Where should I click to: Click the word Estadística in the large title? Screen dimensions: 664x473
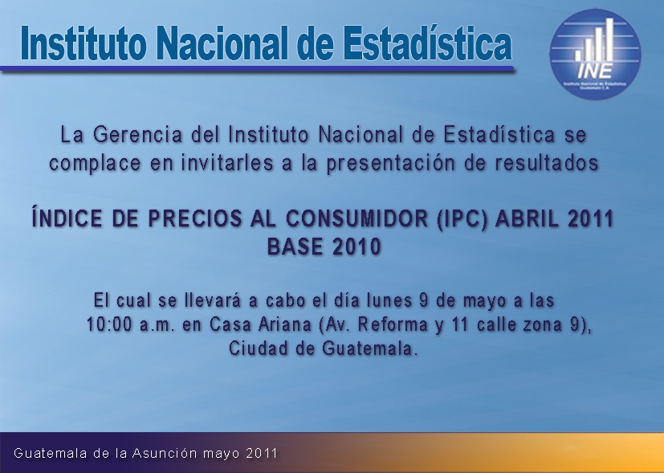pyautogui.click(x=427, y=43)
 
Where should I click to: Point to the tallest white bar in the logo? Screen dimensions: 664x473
pyautogui.click(x=609, y=39)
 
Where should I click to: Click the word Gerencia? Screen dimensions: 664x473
pyautogui.click(x=137, y=136)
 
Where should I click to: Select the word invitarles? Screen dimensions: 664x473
pyautogui.click(x=226, y=163)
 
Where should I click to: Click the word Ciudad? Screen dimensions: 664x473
pyautogui.click(x=259, y=349)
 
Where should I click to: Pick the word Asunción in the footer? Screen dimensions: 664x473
pyautogui.click(x=165, y=453)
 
